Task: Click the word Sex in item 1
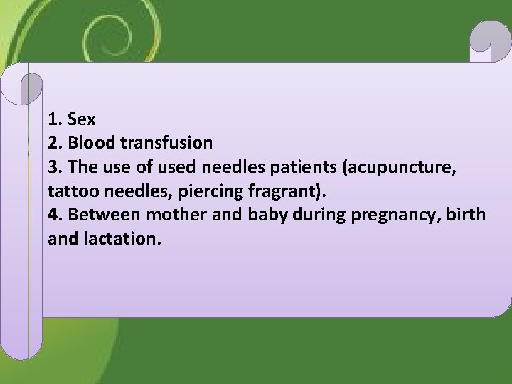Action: point(82,119)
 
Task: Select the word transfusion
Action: point(168,143)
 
